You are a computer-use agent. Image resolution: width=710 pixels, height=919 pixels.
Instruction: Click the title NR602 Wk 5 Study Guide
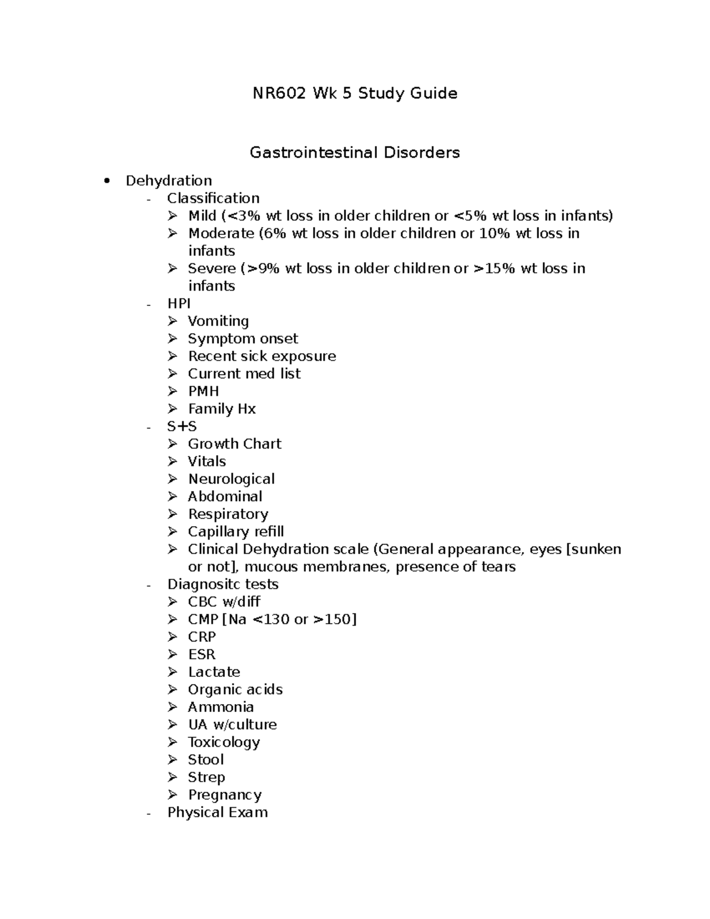click(x=354, y=93)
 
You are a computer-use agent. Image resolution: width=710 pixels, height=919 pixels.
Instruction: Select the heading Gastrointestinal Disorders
click(x=354, y=153)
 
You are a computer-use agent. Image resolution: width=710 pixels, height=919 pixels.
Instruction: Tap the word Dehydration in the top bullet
click(x=169, y=180)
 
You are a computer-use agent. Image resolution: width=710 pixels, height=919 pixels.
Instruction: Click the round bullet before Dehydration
click(x=106, y=181)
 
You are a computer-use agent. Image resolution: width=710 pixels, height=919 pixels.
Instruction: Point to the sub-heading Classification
click(x=213, y=198)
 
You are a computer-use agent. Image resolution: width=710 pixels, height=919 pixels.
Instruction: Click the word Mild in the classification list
click(x=202, y=216)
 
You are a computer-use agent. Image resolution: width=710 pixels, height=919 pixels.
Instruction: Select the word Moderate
click(x=221, y=233)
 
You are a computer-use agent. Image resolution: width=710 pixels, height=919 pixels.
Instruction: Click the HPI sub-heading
click(x=179, y=304)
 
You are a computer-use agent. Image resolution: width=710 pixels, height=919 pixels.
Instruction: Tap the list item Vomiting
click(x=218, y=321)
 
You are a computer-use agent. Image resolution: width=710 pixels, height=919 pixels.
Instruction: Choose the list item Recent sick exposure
click(x=262, y=356)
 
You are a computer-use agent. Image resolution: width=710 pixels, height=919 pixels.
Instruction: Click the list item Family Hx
click(x=221, y=409)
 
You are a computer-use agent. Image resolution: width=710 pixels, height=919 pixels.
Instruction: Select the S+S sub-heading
click(x=182, y=426)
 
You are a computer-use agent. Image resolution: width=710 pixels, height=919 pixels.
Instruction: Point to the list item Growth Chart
click(x=234, y=444)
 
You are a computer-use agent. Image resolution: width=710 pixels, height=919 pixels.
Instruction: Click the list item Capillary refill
click(x=235, y=531)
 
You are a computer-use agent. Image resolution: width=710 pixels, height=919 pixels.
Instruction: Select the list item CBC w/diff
click(x=224, y=602)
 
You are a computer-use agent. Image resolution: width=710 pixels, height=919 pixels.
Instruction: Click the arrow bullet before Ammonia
click(x=172, y=707)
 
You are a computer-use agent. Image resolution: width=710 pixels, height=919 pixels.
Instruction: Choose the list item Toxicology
click(x=224, y=742)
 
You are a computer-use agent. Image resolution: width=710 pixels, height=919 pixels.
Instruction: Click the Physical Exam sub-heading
click(x=217, y=812)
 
